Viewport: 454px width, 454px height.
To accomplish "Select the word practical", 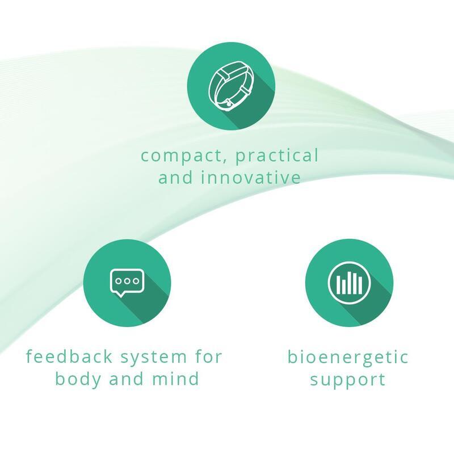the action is coord(277,155).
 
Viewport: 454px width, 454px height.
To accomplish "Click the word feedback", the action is coord(69,356).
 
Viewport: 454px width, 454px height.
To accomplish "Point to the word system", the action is coord(153,358).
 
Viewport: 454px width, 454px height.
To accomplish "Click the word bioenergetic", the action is coord(348,358).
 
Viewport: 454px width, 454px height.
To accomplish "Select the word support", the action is coord(348,380).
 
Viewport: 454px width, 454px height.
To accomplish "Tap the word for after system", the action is coord(208,356).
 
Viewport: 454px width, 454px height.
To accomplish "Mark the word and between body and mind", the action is coord(126,379).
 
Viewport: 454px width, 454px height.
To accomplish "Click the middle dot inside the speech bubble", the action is coord(127,281).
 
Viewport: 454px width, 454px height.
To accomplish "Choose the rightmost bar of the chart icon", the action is coord(360,285).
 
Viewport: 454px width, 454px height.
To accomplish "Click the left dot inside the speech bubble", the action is coord(119,281).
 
